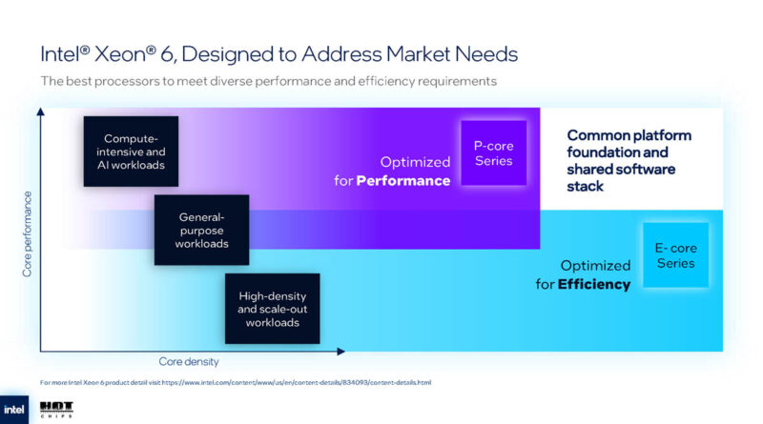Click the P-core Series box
pos(493,152)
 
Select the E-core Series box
pos(675,255)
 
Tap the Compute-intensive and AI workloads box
pos(131,151)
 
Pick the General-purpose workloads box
pos(201,230)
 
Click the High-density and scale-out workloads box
pos(272,308)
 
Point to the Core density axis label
pos(189,362)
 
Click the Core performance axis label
pos(27,234)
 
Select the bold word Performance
pos(402,180)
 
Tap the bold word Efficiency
pos(595,284)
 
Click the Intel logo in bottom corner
pos(15,408)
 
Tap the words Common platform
pos(629,135)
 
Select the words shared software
pos(621,170)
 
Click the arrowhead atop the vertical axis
pos(40,112)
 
